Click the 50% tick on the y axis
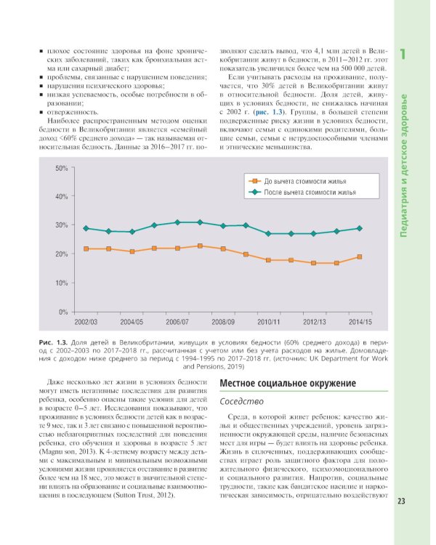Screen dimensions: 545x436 [62, 169]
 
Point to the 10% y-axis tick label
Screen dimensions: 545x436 [62, 283]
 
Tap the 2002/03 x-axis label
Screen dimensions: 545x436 [86, 321]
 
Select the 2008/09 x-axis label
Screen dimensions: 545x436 [223, 321]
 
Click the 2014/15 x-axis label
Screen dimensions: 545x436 [360, 321]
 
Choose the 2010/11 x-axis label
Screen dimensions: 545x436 [269, 321]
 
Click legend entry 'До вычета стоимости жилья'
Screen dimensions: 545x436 [305, 180]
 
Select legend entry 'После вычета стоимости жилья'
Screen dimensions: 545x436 [310, 192]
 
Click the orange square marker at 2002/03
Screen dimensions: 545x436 [86, 249]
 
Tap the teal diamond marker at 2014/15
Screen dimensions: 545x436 [360, 228]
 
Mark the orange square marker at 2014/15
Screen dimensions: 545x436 [360, 257]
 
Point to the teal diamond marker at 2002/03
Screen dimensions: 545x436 [86, 228]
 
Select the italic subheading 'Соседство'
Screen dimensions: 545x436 [241, 401]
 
